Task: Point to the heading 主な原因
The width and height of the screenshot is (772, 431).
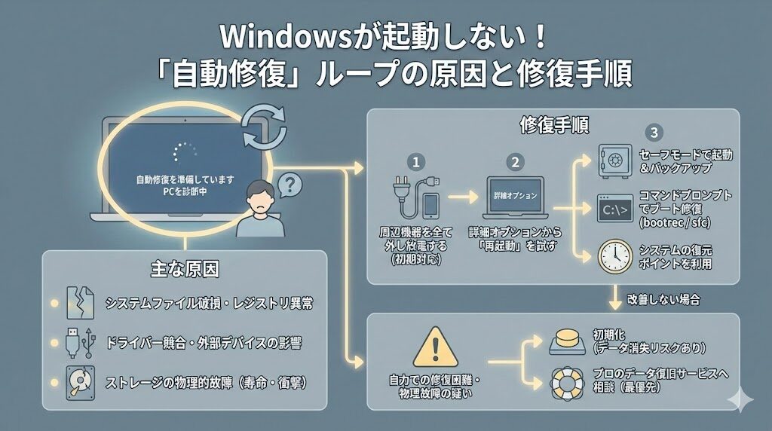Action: click(184, 268)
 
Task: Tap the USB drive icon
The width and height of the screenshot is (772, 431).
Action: click(78, 342)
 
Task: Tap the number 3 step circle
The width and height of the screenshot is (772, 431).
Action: click(654, 133)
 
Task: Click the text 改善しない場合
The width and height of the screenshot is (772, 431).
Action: click(663, 300)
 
